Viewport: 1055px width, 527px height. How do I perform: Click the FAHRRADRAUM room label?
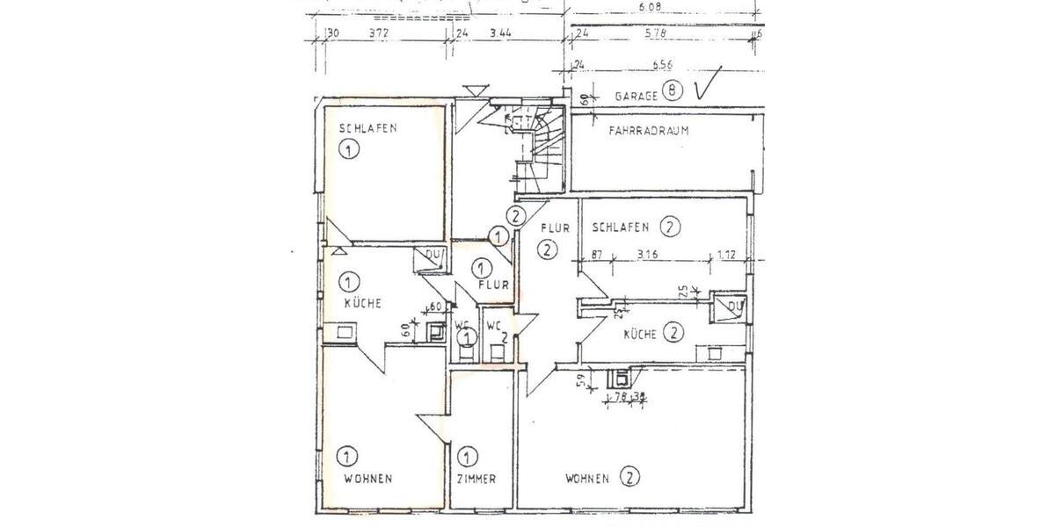pyautogui.click(x=648, y=131)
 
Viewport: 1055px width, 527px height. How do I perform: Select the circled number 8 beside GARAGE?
pyautogui.click(x=673, y=90)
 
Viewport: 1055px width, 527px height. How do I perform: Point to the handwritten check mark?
pyautogui.click(x=707, y=84)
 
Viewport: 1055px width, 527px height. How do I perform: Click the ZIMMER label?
pyautogui.click(x=477, y=479)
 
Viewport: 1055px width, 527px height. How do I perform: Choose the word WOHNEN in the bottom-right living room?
pyautogui.click(x=587, y=479)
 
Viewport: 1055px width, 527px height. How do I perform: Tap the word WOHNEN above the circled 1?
pyautogui.click(x=367, y=479)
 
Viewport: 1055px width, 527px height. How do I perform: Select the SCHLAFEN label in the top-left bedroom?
pyautogui.click(x=367, y=128)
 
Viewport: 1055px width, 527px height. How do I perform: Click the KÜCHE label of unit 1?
pyautogui.click(x=362, y=303)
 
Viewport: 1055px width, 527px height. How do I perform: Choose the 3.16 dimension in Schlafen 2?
pyautogui.click(x=647, y=256)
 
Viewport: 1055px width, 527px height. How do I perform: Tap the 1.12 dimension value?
pyautogui.click(x=727, y=256)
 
